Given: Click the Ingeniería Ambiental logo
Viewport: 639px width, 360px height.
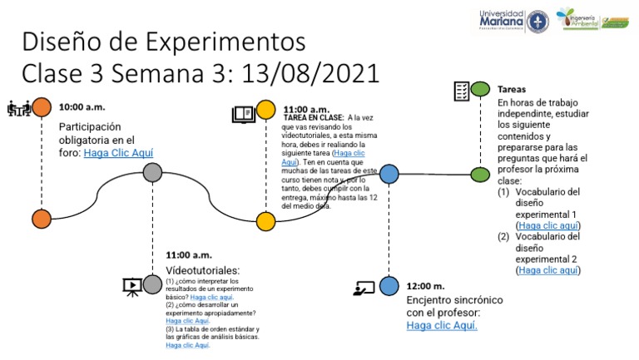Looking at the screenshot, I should pyautogui.click(x=592, y=19).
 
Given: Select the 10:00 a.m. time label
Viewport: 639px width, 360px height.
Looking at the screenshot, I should pyautogui.click(x=82, y=108).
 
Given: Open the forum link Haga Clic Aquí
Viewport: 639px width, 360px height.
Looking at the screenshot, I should pyautogui.click(x=118, y=153).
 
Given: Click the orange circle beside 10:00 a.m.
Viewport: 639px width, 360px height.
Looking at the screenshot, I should pyautogui.click(x=41, y=106).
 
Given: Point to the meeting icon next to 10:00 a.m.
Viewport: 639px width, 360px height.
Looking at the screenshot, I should pyautogui.click(x=17, y=107).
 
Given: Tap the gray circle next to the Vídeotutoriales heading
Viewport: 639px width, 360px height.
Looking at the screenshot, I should pyautogui.click(x=152, y=284).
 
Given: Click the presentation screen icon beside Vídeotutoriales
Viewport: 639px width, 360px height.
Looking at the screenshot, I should pyautogui.click(x=131, y=286).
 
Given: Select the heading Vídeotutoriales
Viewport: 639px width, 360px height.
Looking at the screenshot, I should pyautogui.click(x=203, y=270).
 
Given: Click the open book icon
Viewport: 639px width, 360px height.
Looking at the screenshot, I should pyautogui.click(x=242, y=114).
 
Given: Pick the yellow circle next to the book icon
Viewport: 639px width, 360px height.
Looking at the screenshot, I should pyautogui.click(x=265, y=110).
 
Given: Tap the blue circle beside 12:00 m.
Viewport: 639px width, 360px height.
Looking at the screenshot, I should pyautogui.click(x=389, y=286).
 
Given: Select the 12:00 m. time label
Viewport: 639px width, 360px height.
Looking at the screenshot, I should pyautogui.click(x=425, y=285).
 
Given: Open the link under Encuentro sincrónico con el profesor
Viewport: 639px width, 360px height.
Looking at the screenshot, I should pyautogui.click(x=442, y=326).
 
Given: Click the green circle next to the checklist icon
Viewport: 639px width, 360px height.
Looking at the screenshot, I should pyautogui.click(x=480, y=89).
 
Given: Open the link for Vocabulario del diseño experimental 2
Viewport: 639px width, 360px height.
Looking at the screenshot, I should pyautogui.click(x=548, y=270).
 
